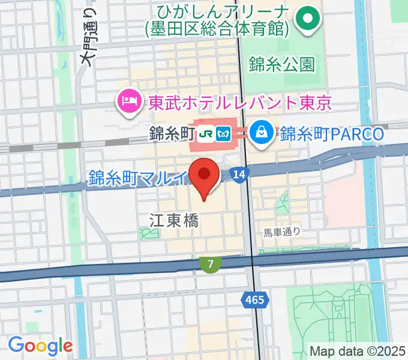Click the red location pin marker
[x=203, y=176]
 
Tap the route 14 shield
[x=239, y=174]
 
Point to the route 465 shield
[x=254, y=299]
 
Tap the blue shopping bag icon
[x=262, y=133]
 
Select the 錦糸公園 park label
[x=280, y=64]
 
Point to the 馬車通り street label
[x=283, y=230]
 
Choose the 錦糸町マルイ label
[x=138, y=177]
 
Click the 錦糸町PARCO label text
[x=331, y=133]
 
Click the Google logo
[x=40, y=346]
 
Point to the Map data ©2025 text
[x=357, y=351]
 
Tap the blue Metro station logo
[x=225, y=133]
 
